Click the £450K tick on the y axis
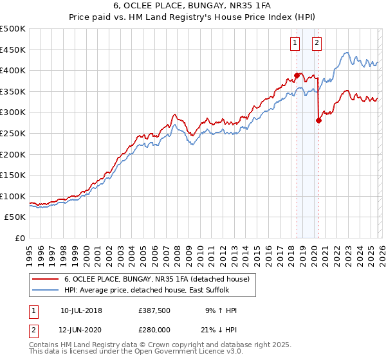13,50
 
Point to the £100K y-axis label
13,196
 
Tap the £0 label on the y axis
19,239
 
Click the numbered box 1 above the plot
295,43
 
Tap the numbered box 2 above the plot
317,43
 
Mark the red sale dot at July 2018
297,75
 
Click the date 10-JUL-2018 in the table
81,310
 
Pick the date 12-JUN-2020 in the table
81,330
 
